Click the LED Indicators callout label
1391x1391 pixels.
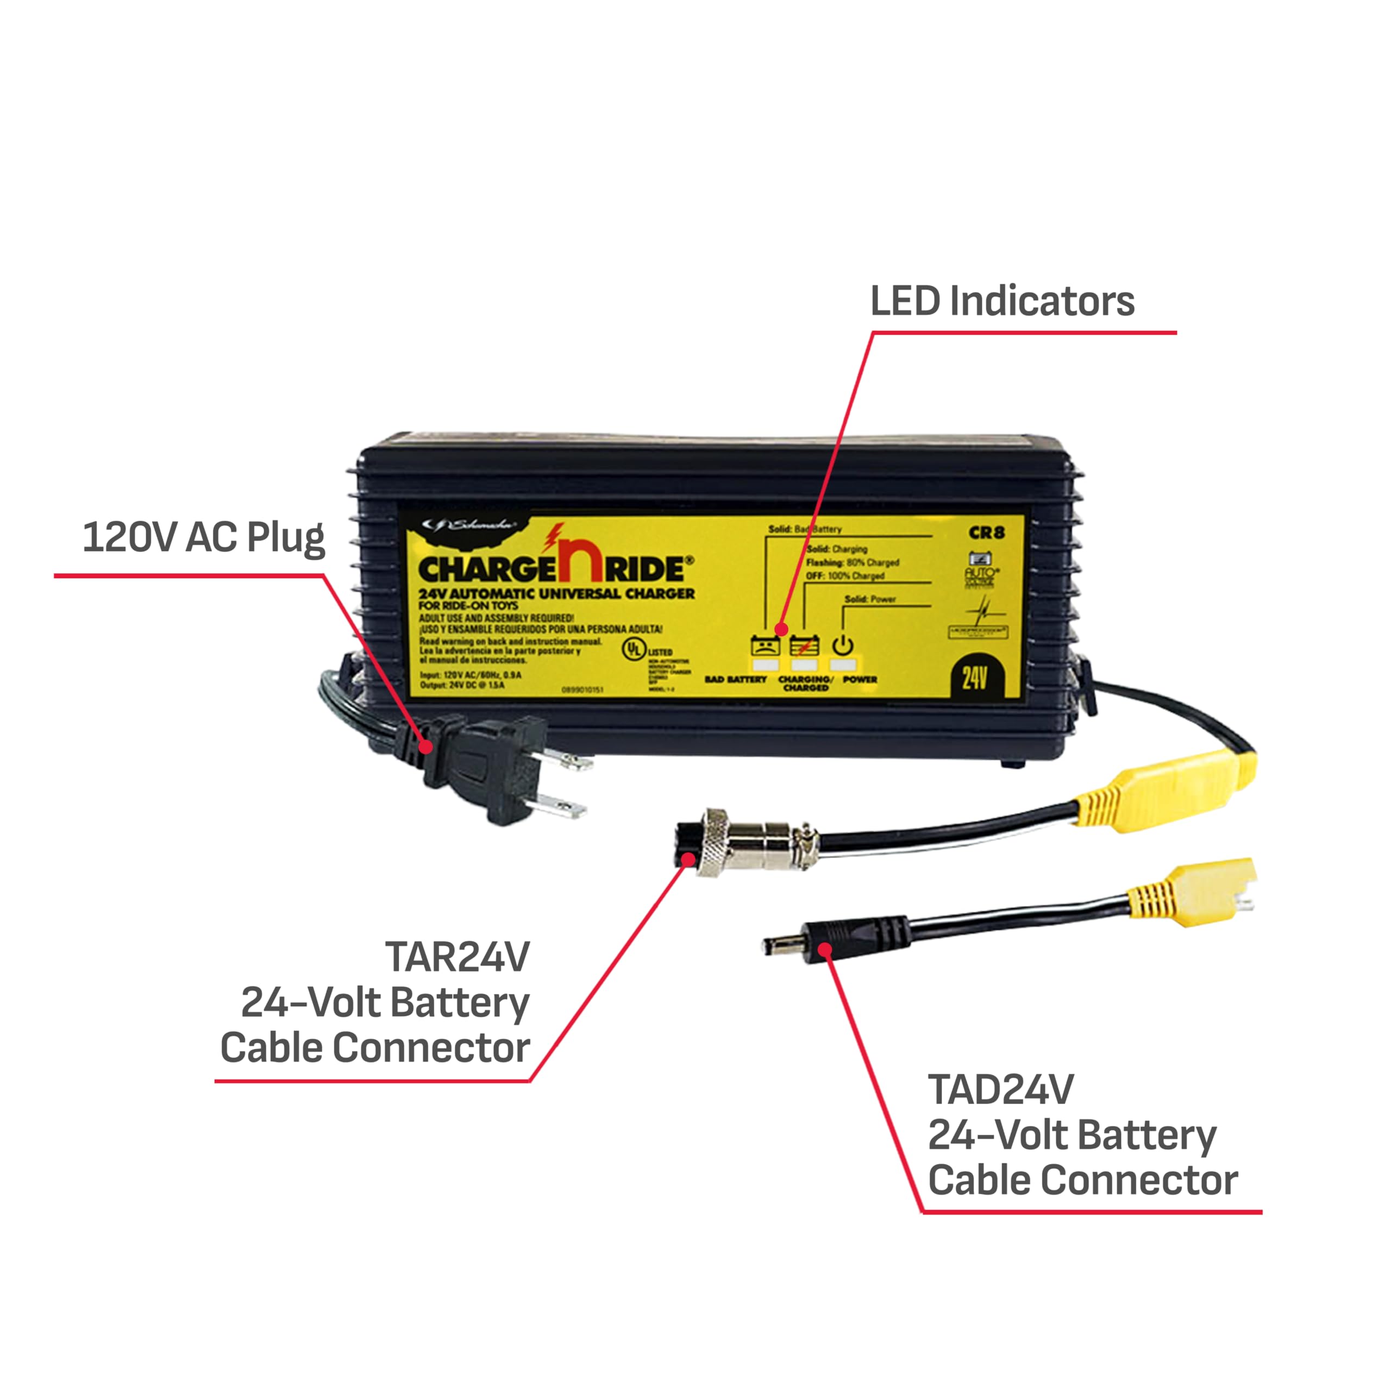coord(1001,301)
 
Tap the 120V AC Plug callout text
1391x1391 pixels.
coord(204,538)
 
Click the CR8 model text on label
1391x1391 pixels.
coord(986,534)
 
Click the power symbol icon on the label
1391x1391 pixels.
coord(843,645)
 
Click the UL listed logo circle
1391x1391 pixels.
coord(633,648)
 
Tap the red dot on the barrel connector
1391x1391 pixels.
coord(826,950)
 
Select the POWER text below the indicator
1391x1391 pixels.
coord(860,679)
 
